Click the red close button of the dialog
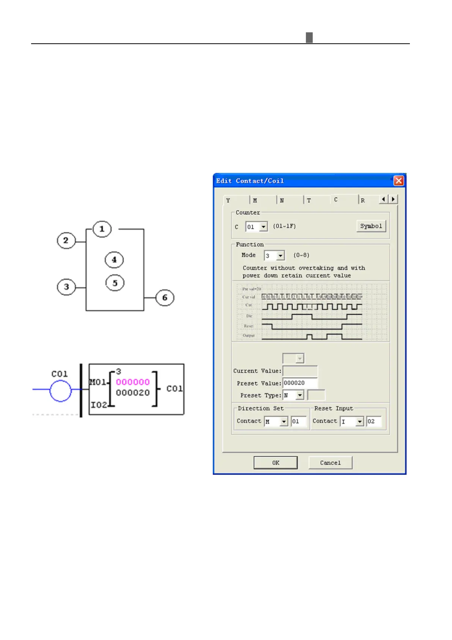tap(398, 181)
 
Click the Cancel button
tap(330, 463)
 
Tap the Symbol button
tap(371, 226)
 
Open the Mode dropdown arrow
tap(280, 256)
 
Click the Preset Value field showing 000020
tap(300, 383)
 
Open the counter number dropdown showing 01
tap(263, 227)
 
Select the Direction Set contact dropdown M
tap(276, 421)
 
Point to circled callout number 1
tap(102, 229)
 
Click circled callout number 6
tap(165, 298)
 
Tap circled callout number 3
tap(66, 287)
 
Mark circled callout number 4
tap(114, 260)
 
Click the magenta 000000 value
tap(133, 382)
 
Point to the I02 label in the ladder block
tap(98, 405)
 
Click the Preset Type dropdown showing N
tap(299, 396)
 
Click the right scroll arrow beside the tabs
tap(393, 199)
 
